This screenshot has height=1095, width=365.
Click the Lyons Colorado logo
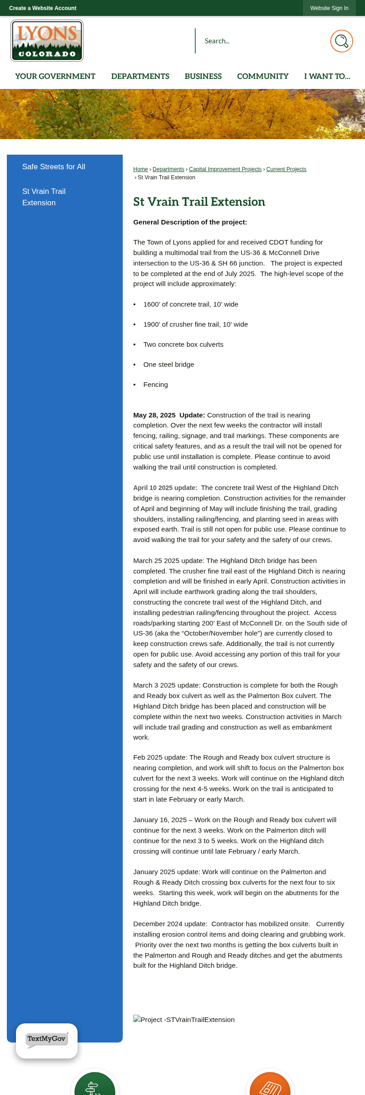pyautogui.click(x=47, y=41)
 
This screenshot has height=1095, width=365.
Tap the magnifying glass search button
pyautogui.click(x=341, y=41)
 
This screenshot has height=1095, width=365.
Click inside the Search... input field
pyautogui.click(x=262, y=41)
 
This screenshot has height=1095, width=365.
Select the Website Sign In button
pyautogui.click(x=329, y=8)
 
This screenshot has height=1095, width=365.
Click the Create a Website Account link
pyautogui.click(x=42, y=8)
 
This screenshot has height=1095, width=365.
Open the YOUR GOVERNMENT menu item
pyautogui.click(x=55, y=76)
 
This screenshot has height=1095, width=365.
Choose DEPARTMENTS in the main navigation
pyautogui.click(x=140, y=76)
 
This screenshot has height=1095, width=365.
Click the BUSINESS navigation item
pyautogui.click(x=203, y=76)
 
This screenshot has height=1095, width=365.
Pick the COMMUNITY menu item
pyautogui.click(x=263, y=76)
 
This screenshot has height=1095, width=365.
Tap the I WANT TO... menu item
pyautogui.click(x=327, y=76)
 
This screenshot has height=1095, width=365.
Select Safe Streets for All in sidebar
pyautogui.click(x=54, y=167)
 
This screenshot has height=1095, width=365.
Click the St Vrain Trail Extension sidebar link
pyautogui.click(x=44, y=197)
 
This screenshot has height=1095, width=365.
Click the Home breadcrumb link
pyautogui.click(x=141, y=169)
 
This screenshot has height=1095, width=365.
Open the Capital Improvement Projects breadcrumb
pyautogui.click(x=225, y=169)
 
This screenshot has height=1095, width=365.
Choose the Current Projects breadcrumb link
pyautogui.click(x=286, y=169)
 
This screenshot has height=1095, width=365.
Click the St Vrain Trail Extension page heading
pyautogui.click(x=199, y=202)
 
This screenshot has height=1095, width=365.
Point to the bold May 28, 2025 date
pyautogui.click(x=154, y=415)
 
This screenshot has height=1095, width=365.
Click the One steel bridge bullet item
pyautogui.click(x=169, y=365)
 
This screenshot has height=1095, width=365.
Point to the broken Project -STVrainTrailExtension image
pyautogui.click(x=184, y=1020)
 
